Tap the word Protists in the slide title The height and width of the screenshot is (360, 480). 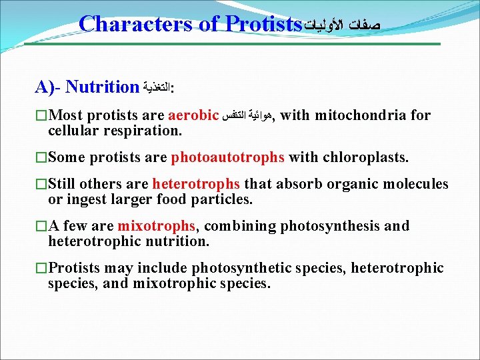point(264,24)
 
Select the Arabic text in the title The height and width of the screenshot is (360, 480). point(343,25)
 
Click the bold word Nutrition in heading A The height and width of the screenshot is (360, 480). point(102,87)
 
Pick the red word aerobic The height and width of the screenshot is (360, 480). point(194,116)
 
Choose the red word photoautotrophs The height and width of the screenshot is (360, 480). point(228,157)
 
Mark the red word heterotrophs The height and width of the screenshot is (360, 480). point(197,184)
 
